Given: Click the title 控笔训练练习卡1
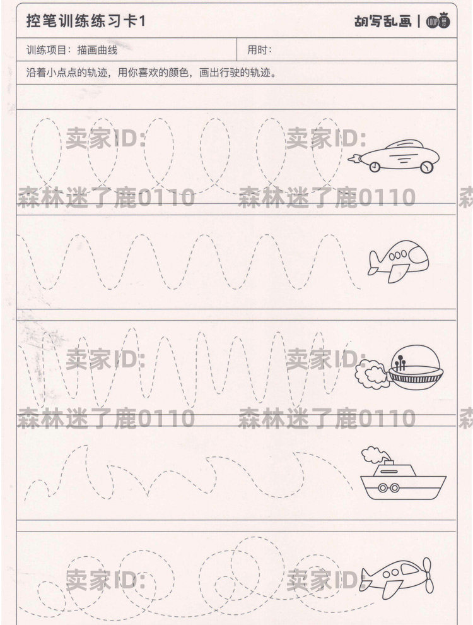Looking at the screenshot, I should (x=86, y=21).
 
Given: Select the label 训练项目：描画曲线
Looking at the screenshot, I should (x=72, y=50).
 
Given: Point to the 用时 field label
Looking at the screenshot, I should (x=259, y=50).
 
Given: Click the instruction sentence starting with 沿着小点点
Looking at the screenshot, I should (x=151, y=71).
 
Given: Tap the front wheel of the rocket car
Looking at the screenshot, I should (x=429, y=167).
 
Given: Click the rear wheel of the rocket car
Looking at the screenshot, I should (x=376, y=167).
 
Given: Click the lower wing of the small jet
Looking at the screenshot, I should (x=396, y=274).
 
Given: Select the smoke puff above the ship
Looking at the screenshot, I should (x=373, y=453).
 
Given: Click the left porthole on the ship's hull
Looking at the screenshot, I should (x=383, y=487).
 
